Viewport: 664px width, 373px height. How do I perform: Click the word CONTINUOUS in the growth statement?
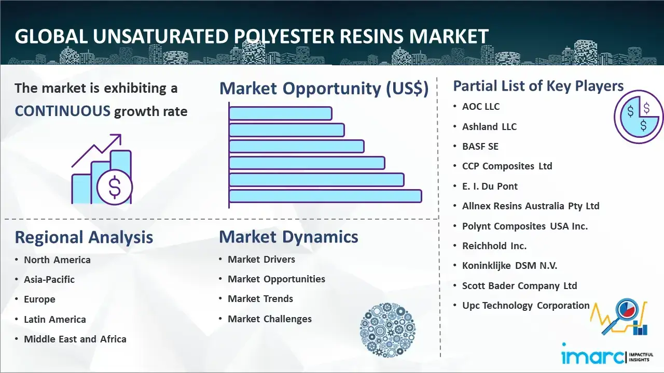pos(63,111)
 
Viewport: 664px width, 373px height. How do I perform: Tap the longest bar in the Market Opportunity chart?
pos(325,196)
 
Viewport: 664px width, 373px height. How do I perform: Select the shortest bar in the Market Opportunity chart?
pos(281,113)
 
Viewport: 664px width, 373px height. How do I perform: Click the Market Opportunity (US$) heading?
pos(324,89)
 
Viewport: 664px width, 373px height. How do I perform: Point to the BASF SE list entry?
pos(480,146)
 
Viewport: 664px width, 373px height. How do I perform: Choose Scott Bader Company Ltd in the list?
pos(520,285)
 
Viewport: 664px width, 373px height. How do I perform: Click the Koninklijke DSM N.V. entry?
pos(509,266)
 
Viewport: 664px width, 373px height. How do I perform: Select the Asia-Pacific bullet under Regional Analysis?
pos(49,279)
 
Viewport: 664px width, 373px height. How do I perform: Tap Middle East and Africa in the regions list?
pos(75,339)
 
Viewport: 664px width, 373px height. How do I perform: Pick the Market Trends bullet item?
pos(260,299)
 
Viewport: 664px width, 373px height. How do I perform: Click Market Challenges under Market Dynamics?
pos(270,319)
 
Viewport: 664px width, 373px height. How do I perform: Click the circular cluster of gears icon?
pos(388,329)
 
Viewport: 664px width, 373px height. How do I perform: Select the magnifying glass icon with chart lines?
pos(619,317)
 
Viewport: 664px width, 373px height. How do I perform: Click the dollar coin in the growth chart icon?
pos(115,187)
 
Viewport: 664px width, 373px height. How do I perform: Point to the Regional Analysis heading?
pos(84,237)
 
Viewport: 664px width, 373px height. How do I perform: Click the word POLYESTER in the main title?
pos(284,36)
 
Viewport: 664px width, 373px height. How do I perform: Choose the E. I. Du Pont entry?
pos(490,186)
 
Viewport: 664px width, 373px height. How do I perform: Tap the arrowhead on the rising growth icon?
pos(117,138)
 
